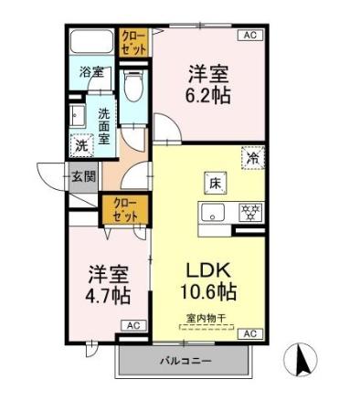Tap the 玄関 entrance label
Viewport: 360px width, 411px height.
(83, 176)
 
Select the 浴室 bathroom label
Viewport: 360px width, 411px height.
(90, 70)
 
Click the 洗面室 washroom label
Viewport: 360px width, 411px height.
(105, 127)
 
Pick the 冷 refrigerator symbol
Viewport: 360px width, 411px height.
(252, 157)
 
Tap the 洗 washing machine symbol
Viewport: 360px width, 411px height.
(81, 144)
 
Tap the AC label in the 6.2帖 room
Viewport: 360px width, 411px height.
(249, 35)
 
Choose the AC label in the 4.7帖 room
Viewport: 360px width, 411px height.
(132, 325)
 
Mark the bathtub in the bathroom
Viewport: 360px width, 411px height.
(91, 42)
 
